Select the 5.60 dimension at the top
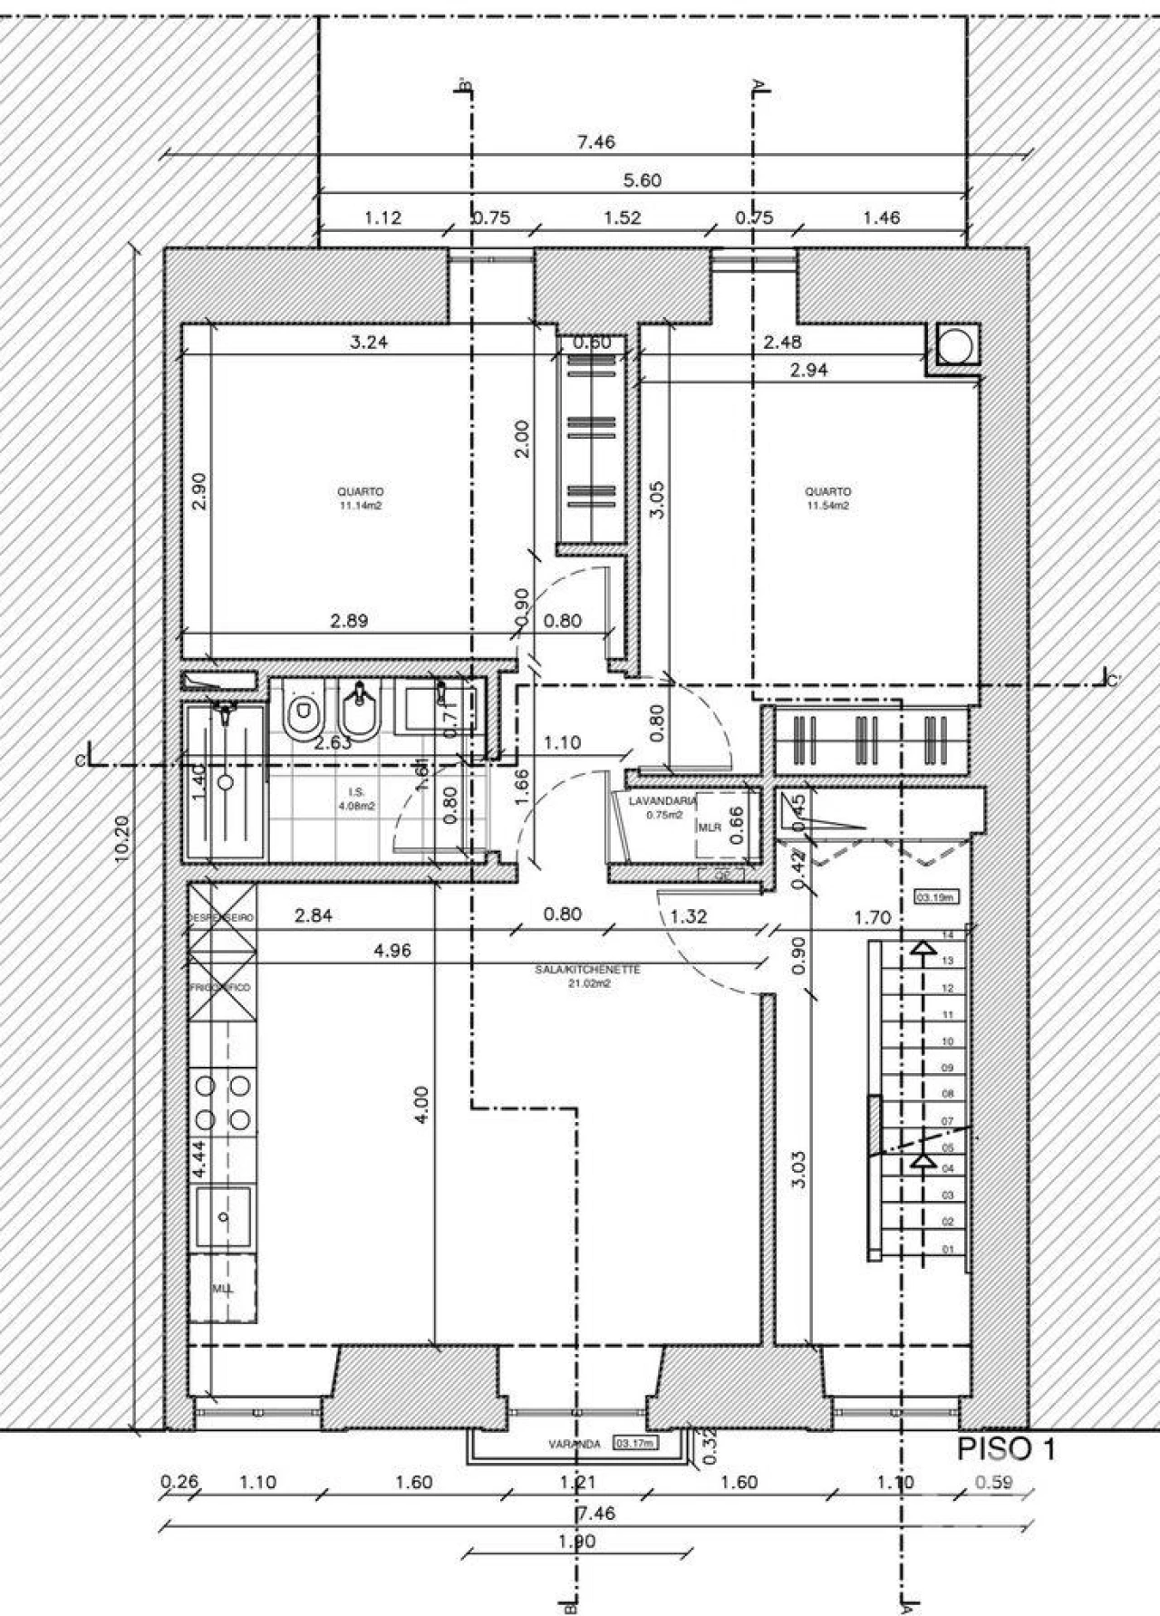(x=643, y=180)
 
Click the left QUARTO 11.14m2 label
(x=360, y=498)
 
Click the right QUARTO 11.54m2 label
(x=827, y=498)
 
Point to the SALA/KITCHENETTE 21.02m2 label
(x=587, y=975)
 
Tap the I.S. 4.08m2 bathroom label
(x=355, y=798)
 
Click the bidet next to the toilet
(x=360, y=711)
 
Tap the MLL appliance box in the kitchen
(x=222, y=1289)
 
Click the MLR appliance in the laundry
(x=709, y=827)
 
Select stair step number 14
(x=948, y=934)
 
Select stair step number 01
(x=948, y=1249)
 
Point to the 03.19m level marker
(x=938, y=897)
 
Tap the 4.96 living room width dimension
(x=391, y=951)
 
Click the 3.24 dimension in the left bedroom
(x=369, y=343)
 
